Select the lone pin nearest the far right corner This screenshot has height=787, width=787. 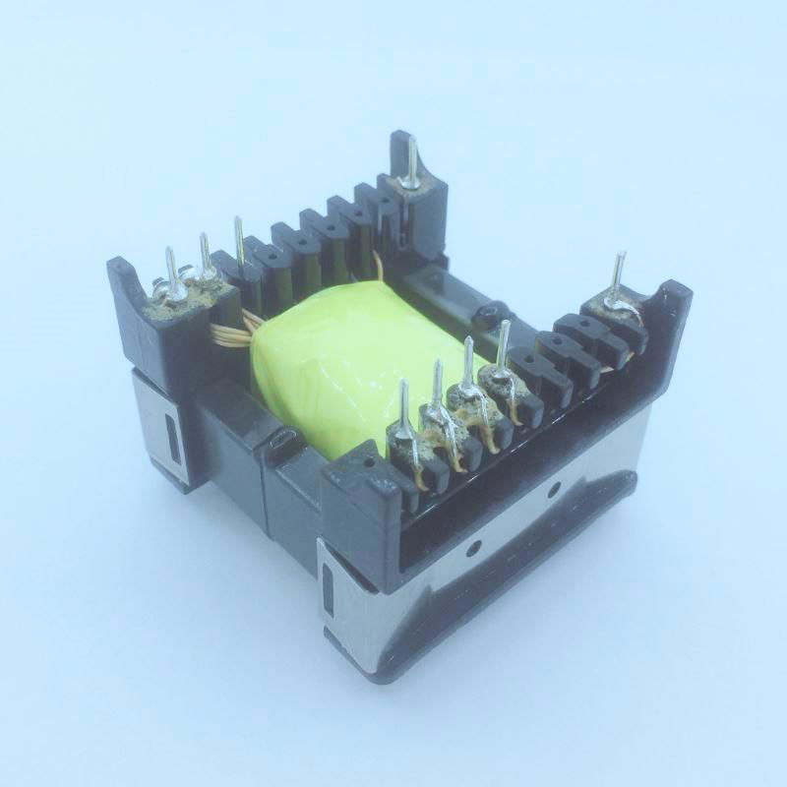point(618,280)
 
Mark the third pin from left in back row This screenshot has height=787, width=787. point(239,242)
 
